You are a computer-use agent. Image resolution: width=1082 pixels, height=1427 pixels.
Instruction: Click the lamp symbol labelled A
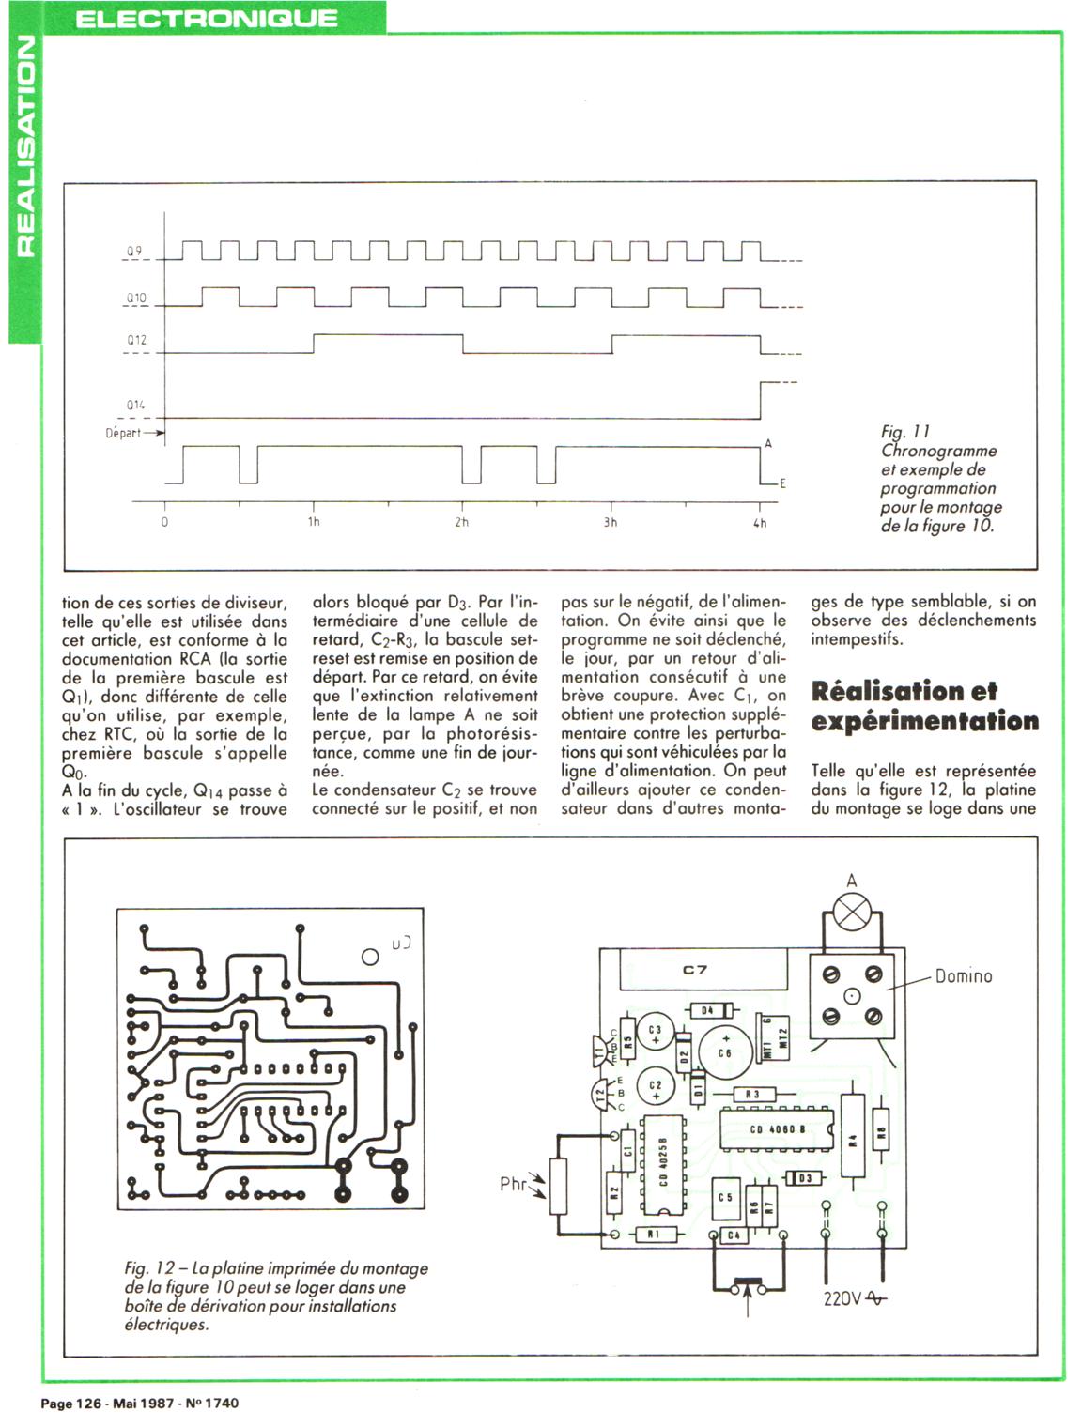point(853,913)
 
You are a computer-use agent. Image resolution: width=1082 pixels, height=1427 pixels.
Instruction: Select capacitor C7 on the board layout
point(695,970)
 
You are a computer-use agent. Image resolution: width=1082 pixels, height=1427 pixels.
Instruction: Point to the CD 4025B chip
point(662,1165)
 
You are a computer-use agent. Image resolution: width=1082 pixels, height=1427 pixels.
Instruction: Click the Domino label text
point(963,976)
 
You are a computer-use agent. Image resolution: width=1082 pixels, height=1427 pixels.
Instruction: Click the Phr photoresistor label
point(514,1184)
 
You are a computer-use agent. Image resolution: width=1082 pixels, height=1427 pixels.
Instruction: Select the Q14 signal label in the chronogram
point(136,406)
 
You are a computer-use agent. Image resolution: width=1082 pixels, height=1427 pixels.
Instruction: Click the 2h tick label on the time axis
point(461,522)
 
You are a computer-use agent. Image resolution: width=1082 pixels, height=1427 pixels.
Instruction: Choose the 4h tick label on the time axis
point(760,522)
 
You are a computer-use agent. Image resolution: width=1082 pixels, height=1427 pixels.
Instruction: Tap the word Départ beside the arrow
point(123,434)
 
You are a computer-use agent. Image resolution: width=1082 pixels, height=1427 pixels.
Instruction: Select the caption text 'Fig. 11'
point(905,432)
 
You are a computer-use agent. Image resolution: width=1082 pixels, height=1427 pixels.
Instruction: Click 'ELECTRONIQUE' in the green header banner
point(206,18)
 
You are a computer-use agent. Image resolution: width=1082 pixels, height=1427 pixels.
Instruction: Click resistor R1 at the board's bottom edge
point(653,1234)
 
